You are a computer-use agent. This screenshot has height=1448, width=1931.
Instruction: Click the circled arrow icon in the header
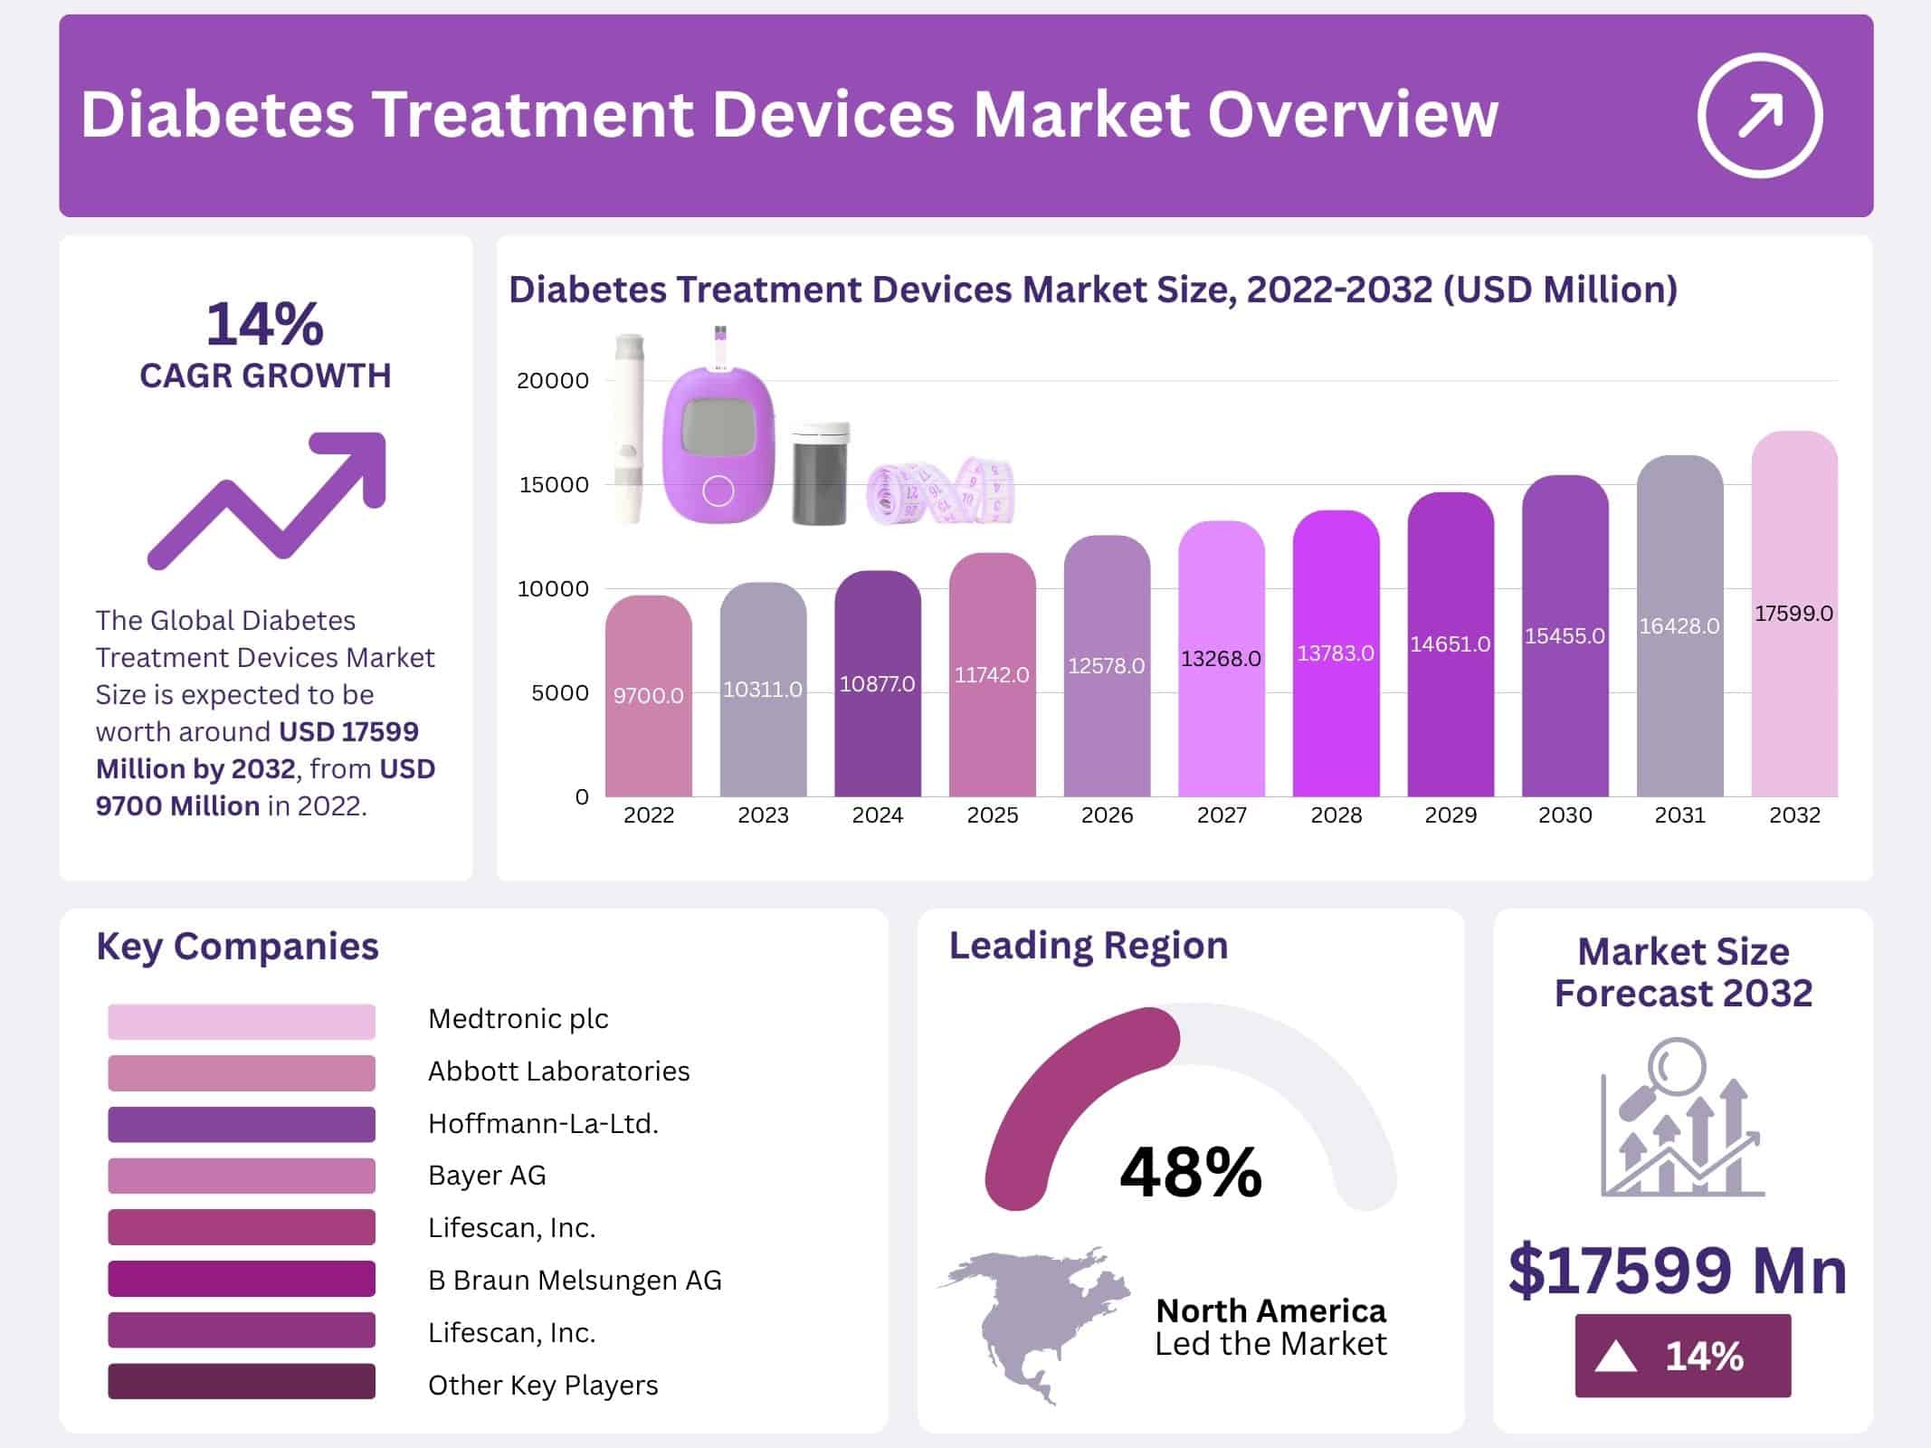(1759, 115)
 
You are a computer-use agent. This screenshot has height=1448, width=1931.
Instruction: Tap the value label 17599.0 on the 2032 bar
(1793, 614)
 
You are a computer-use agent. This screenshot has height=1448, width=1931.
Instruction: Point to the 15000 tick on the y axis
(553, 484)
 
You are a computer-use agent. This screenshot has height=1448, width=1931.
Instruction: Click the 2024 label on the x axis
(877, 815)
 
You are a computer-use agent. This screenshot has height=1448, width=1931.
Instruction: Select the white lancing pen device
(628, 430)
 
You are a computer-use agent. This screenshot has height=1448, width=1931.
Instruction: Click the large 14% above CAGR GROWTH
(264, 324)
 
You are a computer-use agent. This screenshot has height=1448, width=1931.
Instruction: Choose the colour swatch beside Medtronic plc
(242, 1021)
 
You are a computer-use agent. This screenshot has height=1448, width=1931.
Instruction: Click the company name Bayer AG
(487, 1176)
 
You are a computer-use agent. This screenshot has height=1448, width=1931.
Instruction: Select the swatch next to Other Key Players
(242, 1382)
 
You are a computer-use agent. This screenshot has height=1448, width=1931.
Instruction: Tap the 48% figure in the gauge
(1190, 1172)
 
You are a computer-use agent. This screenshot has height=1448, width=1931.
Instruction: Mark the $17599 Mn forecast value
(1678, 1271)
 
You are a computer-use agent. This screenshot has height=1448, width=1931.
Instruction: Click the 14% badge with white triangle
(1682, 1356)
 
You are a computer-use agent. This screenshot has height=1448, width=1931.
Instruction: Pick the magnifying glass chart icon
(1681, 1118)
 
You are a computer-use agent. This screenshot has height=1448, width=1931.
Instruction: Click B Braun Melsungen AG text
(575, 1281)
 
